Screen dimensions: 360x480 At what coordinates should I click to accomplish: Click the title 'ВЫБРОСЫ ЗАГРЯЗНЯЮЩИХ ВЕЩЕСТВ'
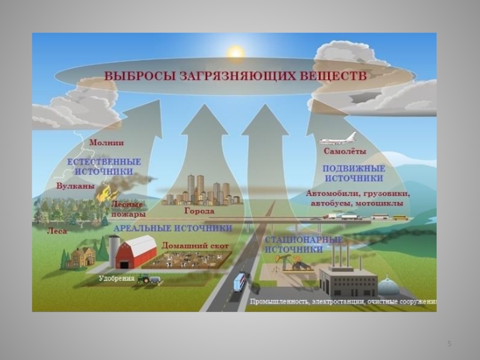click(235, 77)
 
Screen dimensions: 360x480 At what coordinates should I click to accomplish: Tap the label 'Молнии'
click(106, 143)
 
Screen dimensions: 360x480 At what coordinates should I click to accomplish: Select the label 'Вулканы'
click(75, 186)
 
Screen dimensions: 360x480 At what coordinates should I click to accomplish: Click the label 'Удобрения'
click(116, 278)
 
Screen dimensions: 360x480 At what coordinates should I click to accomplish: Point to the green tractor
click(145, 279)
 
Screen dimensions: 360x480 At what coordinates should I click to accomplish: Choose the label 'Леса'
click(57, 230)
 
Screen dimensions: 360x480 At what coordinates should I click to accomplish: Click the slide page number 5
click(449, 343)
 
